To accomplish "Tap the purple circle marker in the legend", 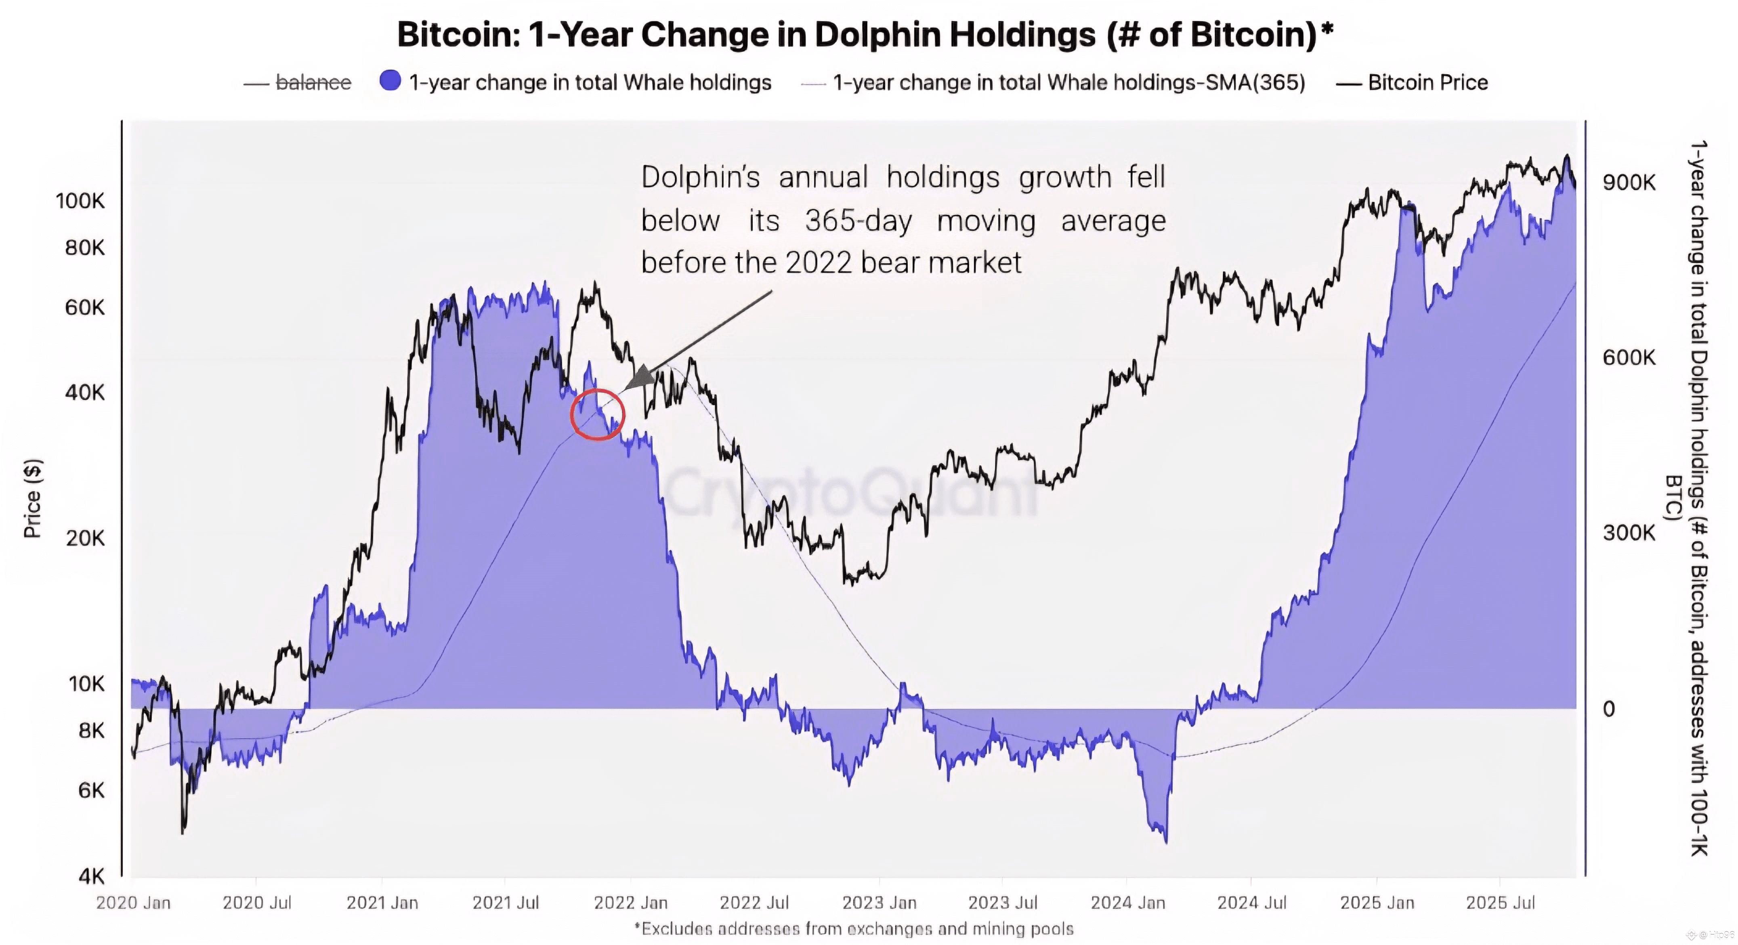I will (x=390, y=81).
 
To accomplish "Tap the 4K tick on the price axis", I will (x=92, y=876).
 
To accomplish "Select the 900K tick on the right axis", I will (x=1629, y=182).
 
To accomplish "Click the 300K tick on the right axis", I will (x=1629, y=533).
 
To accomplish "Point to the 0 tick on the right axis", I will (x=1609, y=708).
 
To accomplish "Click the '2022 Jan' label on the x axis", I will (x=630, y=903).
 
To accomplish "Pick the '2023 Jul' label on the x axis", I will (x=1003, y=903).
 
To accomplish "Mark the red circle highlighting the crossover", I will (x=597, y=414).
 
